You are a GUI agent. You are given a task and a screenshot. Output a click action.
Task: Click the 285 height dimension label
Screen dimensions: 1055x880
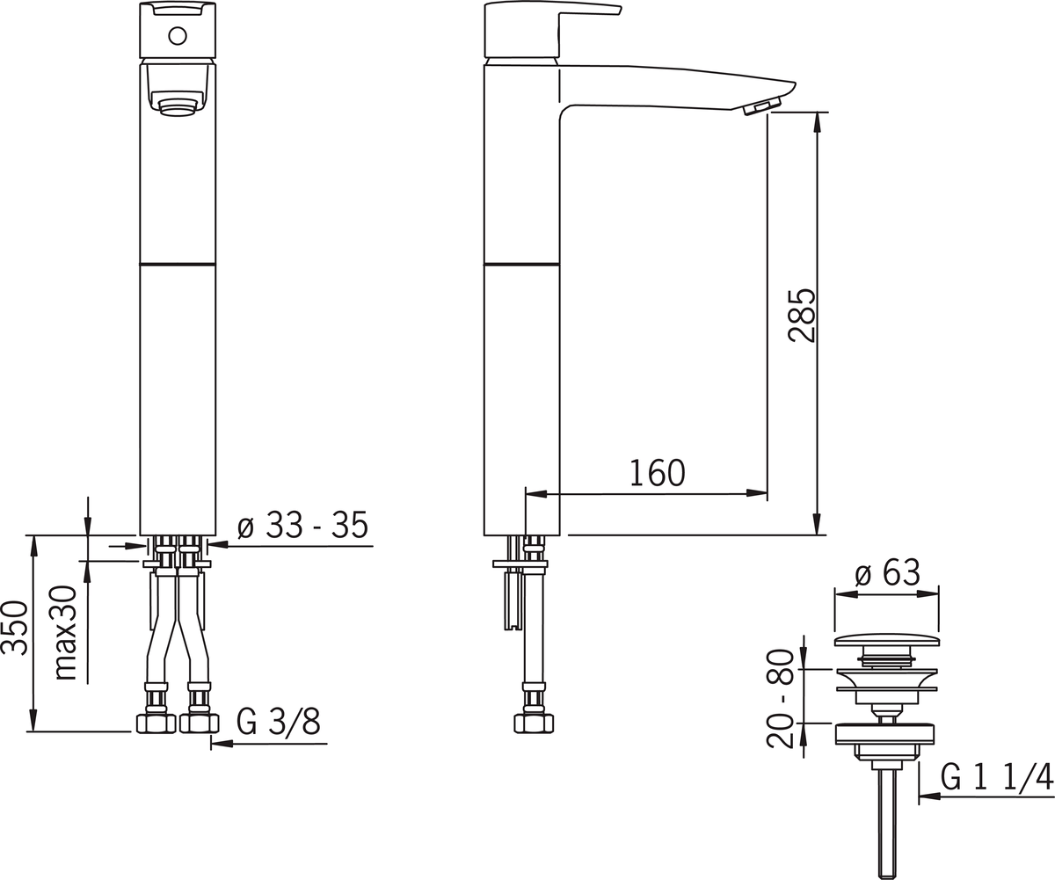click(x=802, y=316)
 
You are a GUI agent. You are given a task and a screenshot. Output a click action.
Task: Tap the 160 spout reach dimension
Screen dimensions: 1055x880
click(x=657, y=473)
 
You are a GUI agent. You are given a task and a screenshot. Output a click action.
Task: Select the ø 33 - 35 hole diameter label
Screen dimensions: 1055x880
click(x=302, y=525)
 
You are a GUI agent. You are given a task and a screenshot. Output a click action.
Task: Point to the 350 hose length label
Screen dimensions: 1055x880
click(x=15, y=628)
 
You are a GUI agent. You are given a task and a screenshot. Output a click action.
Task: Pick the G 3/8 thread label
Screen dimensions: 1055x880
click(x=278, y=722)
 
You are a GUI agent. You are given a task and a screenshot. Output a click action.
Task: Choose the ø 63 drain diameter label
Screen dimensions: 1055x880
click(x=888, y=573)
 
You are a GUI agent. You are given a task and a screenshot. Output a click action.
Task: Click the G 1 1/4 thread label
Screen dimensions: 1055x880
click(x=997, y=777)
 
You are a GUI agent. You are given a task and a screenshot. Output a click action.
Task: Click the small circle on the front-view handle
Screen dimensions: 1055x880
click(x=178, y=36)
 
